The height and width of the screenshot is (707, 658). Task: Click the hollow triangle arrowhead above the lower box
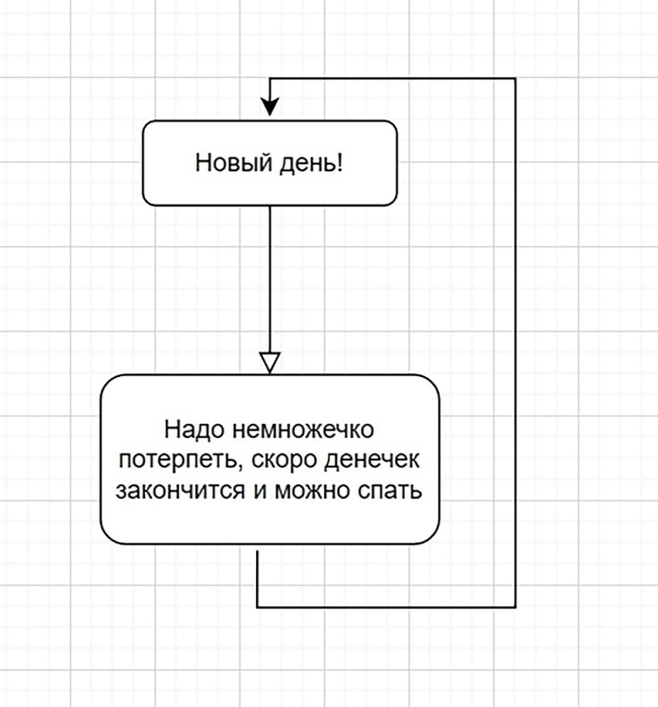coord(270,362)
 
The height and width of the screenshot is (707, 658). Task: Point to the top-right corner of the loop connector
coord(516,79)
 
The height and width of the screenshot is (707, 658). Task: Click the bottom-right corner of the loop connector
coord(516,606)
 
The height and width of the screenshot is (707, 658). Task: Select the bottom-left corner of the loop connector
coord(258,606)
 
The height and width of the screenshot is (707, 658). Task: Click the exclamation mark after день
coord(339,162)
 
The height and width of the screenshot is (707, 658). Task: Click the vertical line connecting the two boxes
coord(270,278)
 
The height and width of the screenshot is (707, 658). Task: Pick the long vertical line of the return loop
coord(516,347)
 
